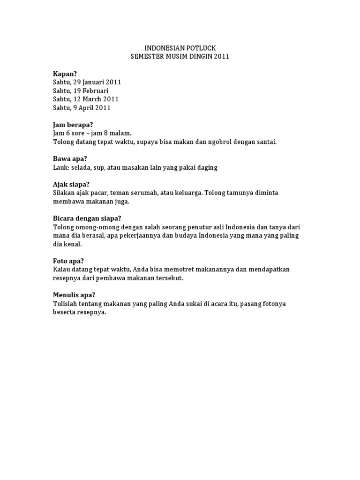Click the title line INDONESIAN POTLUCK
180,48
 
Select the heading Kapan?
65,74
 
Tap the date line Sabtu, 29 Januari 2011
87,82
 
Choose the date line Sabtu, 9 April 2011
82,107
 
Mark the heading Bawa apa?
70,159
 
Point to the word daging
206,167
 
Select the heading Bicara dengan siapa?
87,218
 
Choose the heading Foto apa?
68,261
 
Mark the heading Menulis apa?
74,295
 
